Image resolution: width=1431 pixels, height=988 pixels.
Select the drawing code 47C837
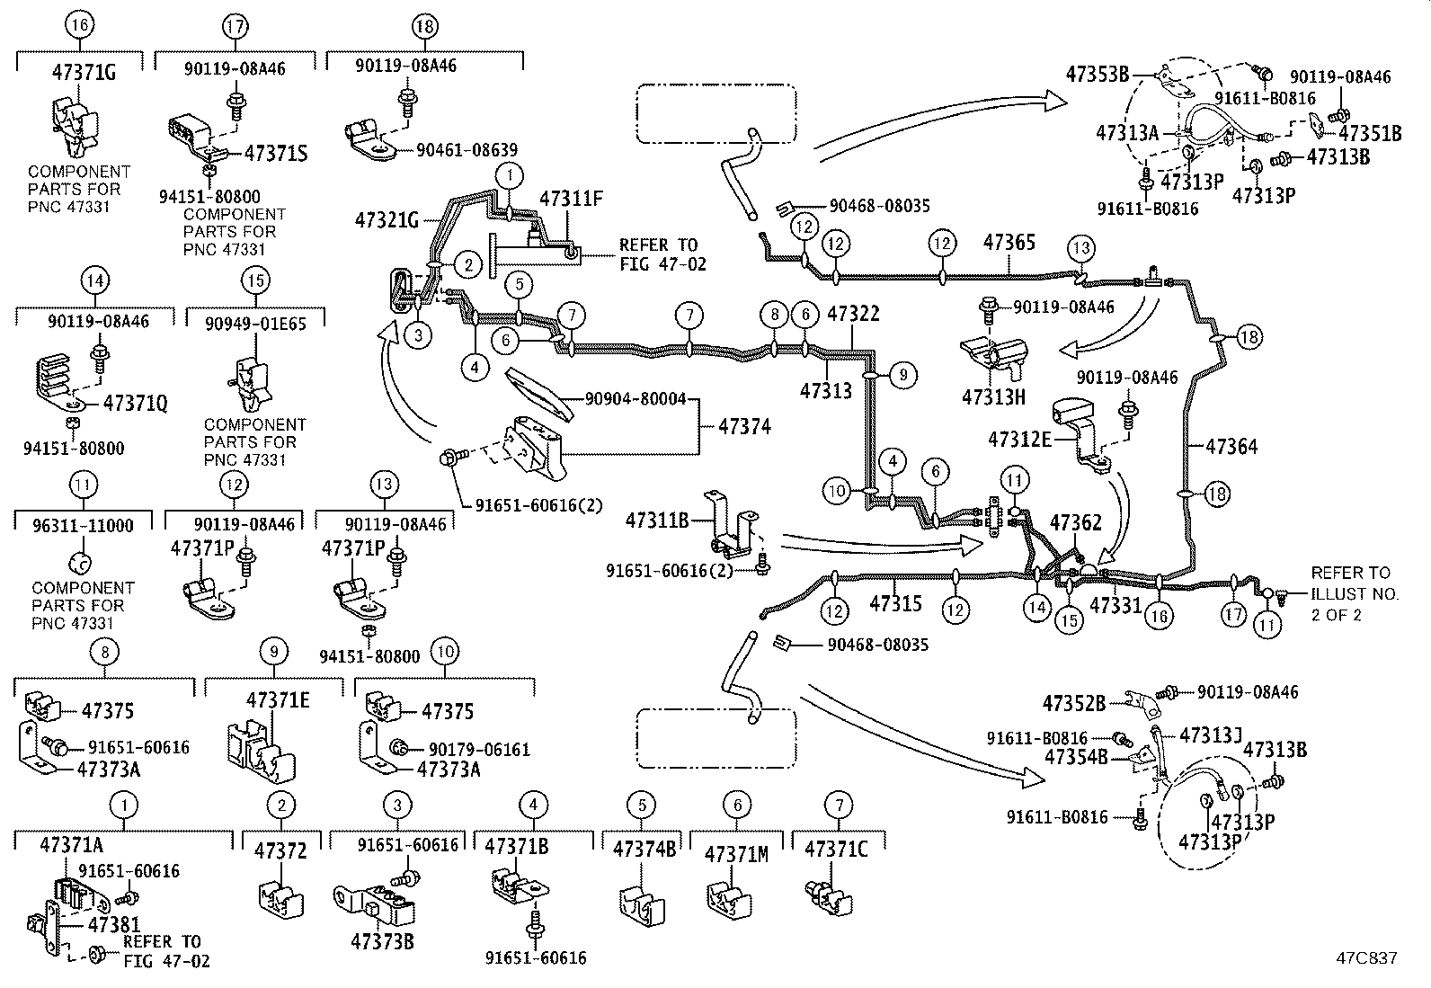1366,958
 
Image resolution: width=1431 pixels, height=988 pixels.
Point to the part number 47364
1231,446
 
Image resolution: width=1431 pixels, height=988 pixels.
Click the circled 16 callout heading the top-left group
79,25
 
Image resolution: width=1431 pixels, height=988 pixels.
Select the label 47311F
571,199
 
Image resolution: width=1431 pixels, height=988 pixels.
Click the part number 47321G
387,218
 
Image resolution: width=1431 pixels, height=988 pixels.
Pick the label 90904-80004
635,398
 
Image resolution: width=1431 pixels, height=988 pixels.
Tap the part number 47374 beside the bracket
744,427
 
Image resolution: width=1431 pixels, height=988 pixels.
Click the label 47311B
656,520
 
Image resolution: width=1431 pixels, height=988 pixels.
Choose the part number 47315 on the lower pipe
895,603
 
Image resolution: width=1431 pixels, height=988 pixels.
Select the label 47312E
1019,440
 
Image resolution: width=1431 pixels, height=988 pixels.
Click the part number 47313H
993,396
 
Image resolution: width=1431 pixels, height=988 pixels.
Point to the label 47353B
1097,74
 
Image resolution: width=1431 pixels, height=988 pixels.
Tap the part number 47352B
1073,702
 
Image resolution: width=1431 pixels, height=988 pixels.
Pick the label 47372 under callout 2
280,850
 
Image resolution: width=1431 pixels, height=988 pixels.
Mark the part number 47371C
836,850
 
